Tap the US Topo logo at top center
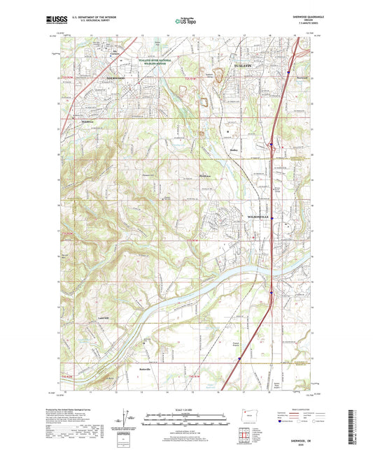tap(182, 21)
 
